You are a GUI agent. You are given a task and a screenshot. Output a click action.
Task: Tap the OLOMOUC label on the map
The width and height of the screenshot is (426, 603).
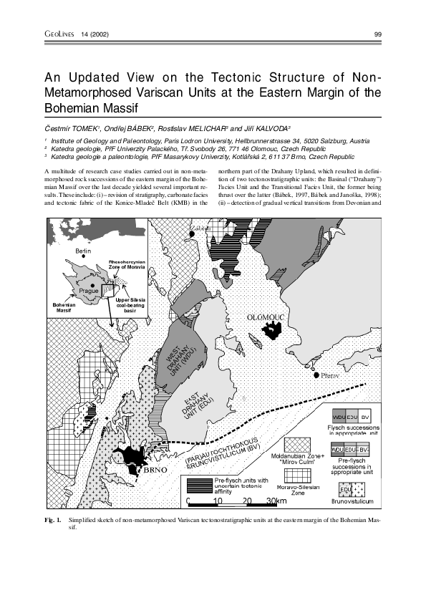pos(266,316)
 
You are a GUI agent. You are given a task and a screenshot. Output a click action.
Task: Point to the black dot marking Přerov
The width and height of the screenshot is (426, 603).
pos(316,375)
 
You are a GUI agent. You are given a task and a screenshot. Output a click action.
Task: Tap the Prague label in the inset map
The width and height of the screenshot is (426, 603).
pos(89,291)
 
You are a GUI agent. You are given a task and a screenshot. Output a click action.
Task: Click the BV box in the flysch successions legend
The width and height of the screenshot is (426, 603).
pos(365,417)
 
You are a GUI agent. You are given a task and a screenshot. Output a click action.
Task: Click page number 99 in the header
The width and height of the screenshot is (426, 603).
pos(378,34)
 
